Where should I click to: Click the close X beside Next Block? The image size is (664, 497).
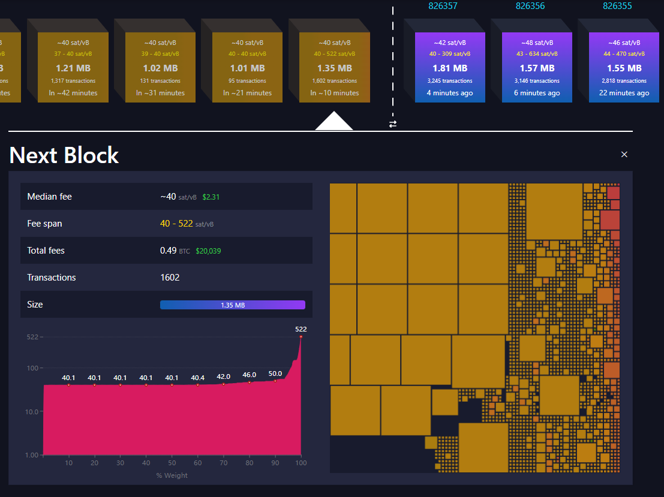(624, 155)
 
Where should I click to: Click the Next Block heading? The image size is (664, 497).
(64, 155)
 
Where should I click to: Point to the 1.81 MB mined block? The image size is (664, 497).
(450, 67)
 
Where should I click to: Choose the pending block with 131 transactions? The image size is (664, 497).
(160, 67)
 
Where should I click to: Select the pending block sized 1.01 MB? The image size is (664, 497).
(248, 67)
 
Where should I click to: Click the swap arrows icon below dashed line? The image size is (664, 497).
(393, 124)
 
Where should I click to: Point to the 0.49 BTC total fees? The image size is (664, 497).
(175, 251)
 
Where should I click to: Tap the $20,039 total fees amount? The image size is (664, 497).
(208, 251)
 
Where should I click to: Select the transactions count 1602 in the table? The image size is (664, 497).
(170, 278)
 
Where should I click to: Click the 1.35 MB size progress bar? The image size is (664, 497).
(233, 305)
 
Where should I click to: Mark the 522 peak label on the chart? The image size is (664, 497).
(301, 329)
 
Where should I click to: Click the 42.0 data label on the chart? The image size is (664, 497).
(223, 376)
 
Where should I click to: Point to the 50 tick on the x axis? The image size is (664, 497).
(172, 463)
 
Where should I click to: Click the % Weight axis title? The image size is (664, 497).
(172, 475)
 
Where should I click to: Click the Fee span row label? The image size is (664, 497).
(44, 224)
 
